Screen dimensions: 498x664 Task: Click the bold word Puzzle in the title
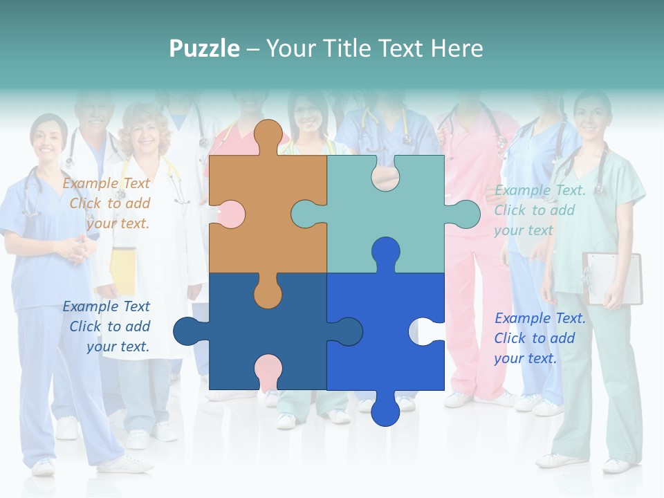[x=204, y=48]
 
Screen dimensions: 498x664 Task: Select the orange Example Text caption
[x=107, y=203]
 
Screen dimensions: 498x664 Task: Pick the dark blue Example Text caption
[x=107, y=326]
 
